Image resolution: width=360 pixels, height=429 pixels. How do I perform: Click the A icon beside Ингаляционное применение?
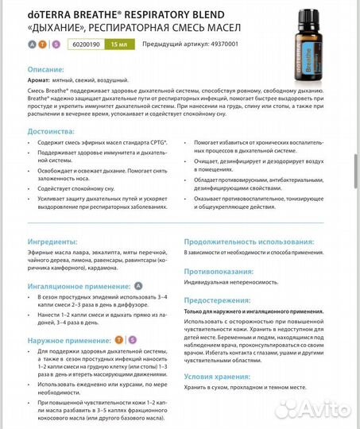pyautogui.click(x=137, y=284)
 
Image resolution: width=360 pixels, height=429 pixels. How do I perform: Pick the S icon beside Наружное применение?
pyautogui.click(x=132, y=339)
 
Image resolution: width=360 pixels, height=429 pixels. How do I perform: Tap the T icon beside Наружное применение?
pyautogui.click(x=119, y=339)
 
